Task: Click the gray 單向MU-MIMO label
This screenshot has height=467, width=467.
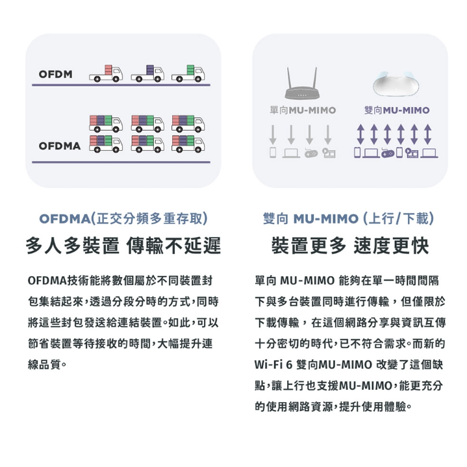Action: pyautogui.click(x=302, y=110)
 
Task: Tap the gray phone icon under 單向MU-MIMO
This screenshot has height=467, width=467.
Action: pyautogui.click(x=273, y=153)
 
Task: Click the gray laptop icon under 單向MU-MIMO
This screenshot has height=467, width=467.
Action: pyautogui.click(x=290, y=153)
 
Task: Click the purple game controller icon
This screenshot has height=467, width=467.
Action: pyautogui.click(x=388, y=153)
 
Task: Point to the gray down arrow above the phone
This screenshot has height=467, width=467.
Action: pyautogui.click(x=273, y=134)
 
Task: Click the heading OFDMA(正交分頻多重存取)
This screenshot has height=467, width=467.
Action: pyautogui.click(x=123, y=218)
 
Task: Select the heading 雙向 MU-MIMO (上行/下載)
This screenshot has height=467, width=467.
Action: pyautogui.click(x=349, y=218)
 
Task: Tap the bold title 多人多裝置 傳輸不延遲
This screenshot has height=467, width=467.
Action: pyautogui.click(x=123, y=246)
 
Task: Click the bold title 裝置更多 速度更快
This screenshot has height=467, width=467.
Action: pyautogui.click(x=349, y=246)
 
